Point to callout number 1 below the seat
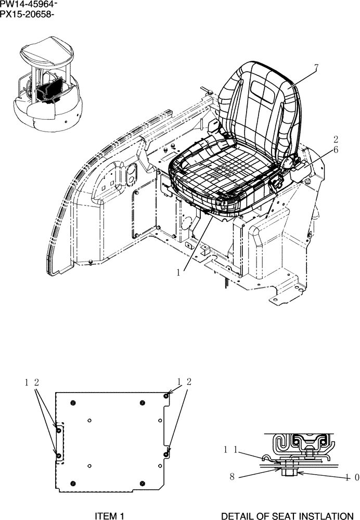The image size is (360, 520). pos(178,272)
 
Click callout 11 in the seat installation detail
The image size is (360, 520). pos(232,449)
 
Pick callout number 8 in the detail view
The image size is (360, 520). pos(232,475)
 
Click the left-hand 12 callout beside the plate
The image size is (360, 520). pos(31,382)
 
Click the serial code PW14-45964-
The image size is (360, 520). pos(29,5)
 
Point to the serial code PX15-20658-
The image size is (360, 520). pos(28,14)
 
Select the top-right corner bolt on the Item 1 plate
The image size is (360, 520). pos(166,396)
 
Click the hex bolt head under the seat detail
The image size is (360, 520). pos(289,472)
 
